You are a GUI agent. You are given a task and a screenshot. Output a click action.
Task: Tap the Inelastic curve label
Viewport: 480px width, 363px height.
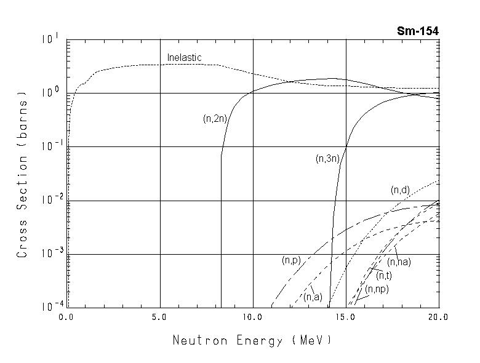pyautogui.click(x=185, y=58)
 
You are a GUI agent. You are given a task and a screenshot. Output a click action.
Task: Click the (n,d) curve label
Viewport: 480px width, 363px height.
pyautogui.click(x=400, y=190)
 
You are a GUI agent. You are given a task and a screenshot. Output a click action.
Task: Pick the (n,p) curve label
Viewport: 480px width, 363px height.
pyautogui.click(x=291, y=261)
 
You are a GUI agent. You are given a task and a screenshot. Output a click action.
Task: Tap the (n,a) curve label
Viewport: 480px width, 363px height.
pyautogui.click(x=313, y=297)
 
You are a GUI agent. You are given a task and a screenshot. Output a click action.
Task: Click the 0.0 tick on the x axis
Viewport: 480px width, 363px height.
pyautogui.click(x=66, y=317)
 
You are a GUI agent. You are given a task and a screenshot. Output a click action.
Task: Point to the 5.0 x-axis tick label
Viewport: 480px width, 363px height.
pyautogui.click(x=159, y=317)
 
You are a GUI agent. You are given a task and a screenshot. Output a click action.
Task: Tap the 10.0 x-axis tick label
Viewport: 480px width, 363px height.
pyautogui.click(x=253, y=317)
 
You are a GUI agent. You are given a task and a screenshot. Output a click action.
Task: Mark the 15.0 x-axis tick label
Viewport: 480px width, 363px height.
pyautogui.click(x=346, y=317)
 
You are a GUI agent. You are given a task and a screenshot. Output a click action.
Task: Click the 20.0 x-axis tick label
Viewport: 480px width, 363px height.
pyautogui.click(x=438, y=317)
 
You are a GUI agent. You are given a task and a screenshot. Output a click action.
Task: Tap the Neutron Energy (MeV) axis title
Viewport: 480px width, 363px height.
pyautogui.click(x=252, y=340)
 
